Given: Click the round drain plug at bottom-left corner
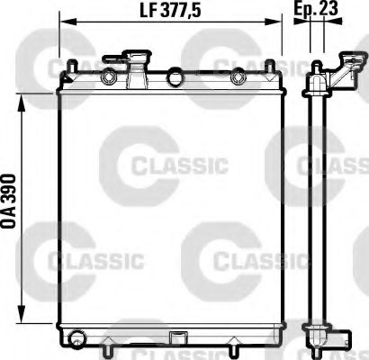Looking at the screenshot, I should tap(77, 339).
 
